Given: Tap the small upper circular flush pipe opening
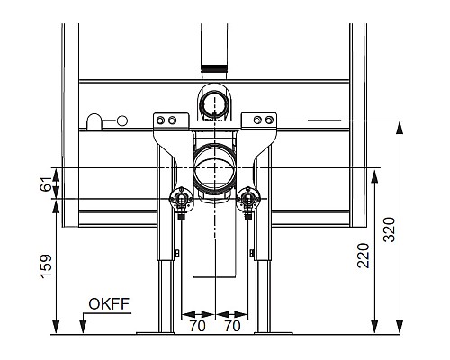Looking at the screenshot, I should tap(213, 103).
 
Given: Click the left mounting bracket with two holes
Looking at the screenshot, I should tap(167, 121).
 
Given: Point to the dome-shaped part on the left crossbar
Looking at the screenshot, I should tap(94, 121).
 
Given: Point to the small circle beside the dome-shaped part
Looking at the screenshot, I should tap(121, 121).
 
